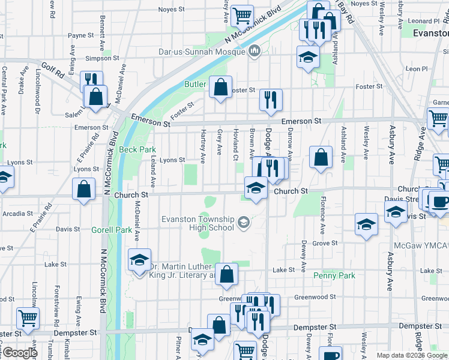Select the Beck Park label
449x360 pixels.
[137, 149]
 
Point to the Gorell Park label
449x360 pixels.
[111, 230]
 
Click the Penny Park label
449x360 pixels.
[334, 275]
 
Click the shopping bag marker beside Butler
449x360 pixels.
[221, 87]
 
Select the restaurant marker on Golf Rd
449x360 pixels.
[91, 81]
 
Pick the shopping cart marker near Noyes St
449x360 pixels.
[242, 16]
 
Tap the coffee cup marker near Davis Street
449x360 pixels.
[439, 202]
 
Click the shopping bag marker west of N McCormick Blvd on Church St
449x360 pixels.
[84, 188]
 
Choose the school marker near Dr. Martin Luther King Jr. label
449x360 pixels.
[139, 260]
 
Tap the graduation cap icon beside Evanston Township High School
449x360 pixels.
[243, 223]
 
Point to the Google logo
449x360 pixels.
[19, 353]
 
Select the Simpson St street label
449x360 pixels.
[101, 58]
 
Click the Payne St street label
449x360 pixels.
[81, 35]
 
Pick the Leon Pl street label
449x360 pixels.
[415, 69]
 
